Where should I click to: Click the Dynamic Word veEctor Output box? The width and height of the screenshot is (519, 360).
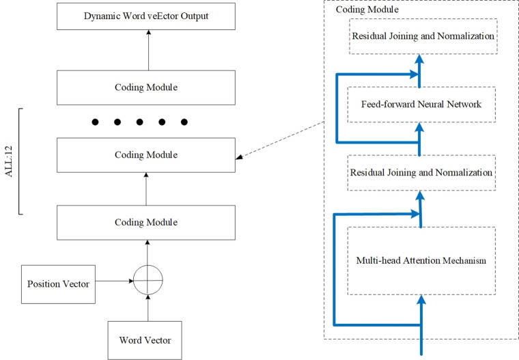coord(146,16)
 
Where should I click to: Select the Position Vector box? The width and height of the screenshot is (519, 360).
coord(58,284)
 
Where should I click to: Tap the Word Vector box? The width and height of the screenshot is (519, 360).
coord(145,340)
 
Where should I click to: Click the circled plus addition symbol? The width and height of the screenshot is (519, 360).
coord(148,280)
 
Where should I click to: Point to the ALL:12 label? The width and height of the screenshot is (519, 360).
coord(9,161)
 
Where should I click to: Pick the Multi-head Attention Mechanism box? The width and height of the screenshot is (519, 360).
coord(421,261)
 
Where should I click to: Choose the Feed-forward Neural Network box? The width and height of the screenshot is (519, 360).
coord(421,105)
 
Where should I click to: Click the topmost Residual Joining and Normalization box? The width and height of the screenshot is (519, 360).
coord(423,36)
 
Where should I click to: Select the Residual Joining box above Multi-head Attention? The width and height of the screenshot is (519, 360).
coord(421,173)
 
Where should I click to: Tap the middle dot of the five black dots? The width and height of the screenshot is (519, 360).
coord(140,122)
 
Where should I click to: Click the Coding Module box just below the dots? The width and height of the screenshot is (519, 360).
coord(146,155)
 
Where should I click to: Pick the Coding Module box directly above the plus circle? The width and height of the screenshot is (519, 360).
coord(146,223)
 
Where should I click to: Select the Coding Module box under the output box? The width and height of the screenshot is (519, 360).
coord(146,87)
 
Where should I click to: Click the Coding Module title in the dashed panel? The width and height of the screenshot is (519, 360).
coord(367,10)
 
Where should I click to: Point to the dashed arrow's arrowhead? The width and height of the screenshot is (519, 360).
coord(239,157)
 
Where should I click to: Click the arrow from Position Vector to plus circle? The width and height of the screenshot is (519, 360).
coord(114,281)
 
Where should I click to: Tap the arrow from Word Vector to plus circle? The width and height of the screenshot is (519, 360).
coord(148,308)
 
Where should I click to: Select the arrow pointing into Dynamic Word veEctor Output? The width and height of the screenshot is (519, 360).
coord(149,50)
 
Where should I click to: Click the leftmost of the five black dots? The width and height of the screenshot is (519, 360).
coord(95,122)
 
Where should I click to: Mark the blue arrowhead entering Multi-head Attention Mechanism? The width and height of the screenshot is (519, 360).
coord(421,299)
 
